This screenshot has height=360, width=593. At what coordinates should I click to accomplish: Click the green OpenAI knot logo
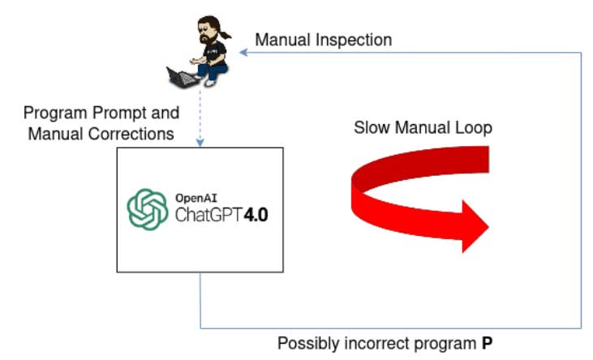click(148, 209)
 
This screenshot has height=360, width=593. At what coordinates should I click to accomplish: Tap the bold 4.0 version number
click(256, 215)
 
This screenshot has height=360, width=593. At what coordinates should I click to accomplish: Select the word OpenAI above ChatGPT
click(196, 198)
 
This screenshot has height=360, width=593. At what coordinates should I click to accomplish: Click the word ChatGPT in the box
click(208, 215)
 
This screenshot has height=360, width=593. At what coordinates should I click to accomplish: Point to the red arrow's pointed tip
click(488, 227)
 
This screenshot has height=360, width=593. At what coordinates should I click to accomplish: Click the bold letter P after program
click(487, 343)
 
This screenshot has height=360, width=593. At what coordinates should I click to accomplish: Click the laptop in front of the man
click(183, 77)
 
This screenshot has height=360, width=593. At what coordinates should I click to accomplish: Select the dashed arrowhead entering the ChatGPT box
click(200, 143)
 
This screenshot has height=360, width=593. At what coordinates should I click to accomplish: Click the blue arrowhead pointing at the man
click(244, 52)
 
